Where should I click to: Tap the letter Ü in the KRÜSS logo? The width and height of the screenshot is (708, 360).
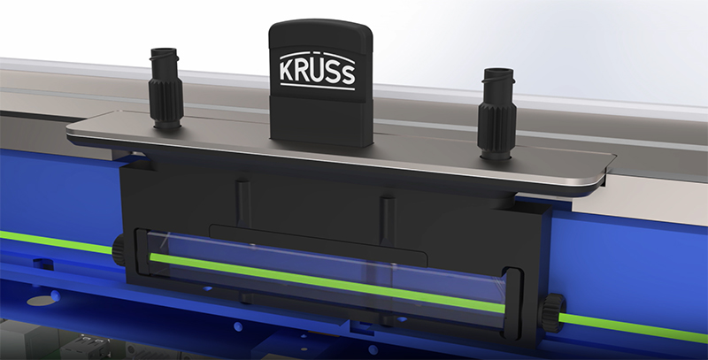coord(318,70)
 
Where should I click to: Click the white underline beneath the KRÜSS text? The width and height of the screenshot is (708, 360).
coord(318,86)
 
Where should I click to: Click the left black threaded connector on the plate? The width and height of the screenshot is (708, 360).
coord(165,88)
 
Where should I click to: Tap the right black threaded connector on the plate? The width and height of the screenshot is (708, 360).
coord(496,113)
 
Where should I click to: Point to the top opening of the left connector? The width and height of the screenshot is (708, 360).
coord(164,51)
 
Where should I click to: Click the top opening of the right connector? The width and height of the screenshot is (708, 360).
coord(498,73)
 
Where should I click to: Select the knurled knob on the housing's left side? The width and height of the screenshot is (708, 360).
coord(119,250)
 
